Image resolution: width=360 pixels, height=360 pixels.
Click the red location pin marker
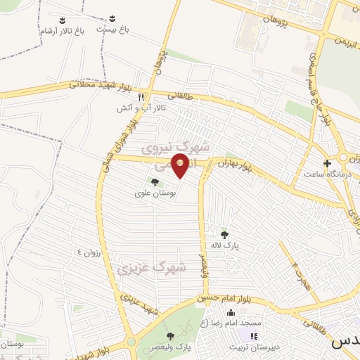[x=181, y=166]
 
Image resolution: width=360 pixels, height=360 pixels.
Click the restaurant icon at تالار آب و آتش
[x=141, y=97]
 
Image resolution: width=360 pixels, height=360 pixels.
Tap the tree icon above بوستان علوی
[x=155, y=182]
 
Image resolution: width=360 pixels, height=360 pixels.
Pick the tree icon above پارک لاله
[x=224, y=235]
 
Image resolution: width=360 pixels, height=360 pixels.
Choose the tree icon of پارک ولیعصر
[x=169, y=337]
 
